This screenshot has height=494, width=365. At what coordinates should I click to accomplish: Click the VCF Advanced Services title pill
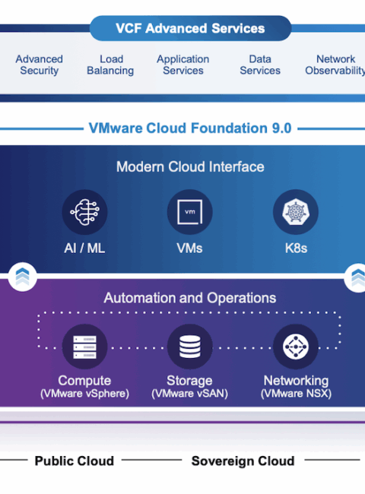[190, 28]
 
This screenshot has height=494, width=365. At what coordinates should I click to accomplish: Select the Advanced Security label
[40, 65]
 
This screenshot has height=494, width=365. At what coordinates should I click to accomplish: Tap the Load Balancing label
[110, 65]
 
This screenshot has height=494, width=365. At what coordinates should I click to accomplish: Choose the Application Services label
[183, 65]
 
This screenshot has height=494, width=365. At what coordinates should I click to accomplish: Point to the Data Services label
[260, 65]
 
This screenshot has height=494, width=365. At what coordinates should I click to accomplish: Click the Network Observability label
[335, 65]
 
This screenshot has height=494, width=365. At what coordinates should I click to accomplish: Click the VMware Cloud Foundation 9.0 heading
[190, 128]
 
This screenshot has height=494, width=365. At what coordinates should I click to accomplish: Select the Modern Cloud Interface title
[190, 166]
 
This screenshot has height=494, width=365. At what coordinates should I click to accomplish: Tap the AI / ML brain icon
[85, 212]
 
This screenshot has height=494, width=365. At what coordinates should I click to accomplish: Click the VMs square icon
[190, 212]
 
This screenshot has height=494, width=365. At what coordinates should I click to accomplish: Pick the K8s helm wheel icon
[296, 212]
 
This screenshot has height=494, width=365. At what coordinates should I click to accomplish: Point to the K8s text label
[296, 249]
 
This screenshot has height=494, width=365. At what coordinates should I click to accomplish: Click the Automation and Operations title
[190, 298]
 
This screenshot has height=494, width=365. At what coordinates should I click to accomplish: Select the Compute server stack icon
[85, 347]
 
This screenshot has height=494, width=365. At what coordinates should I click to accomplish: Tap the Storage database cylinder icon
[190, 347]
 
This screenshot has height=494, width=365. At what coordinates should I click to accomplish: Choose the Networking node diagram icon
[296, 347]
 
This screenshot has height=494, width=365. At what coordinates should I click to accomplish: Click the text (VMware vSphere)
[85, 394]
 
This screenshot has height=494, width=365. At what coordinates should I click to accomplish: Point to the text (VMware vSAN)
[190, 394]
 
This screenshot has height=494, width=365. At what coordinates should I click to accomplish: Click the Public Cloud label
[75, 461]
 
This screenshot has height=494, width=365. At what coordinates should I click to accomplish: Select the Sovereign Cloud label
[243, 461]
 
